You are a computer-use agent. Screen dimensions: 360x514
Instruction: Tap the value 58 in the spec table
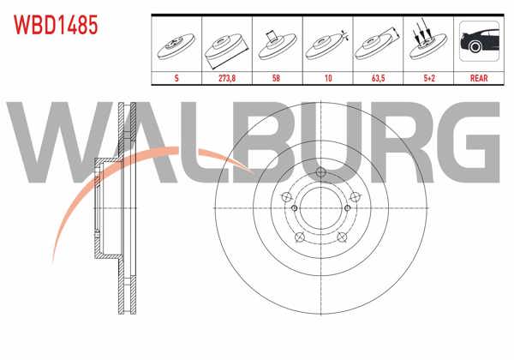coord(273,76)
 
